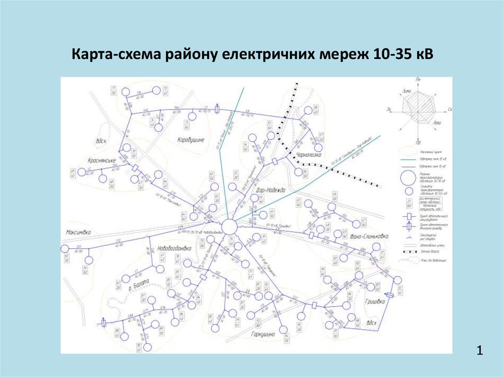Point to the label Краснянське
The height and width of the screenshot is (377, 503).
pos(102,161)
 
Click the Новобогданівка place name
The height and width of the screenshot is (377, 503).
pos(174,248)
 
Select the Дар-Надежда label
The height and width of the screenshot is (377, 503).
pos(271,190)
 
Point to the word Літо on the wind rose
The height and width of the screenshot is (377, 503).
pos(437,122)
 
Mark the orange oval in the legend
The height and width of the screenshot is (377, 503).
pos(408,147)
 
